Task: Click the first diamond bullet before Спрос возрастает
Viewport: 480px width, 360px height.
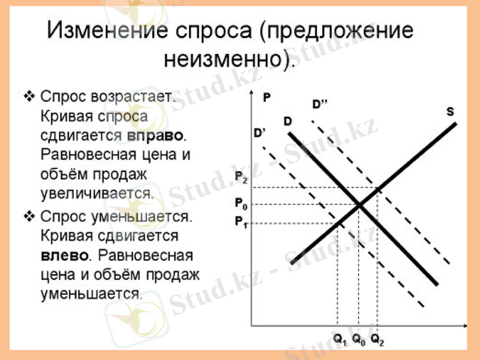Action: coord(29,96)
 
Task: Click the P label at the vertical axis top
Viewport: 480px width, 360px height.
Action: coord(266,96)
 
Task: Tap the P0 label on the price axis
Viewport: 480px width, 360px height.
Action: coord(240,204)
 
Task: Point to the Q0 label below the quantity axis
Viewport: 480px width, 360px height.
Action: coord(359,339)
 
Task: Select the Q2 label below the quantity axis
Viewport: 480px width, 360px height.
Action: coord(377,339)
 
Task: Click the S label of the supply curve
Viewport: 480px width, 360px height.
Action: coord(451,112)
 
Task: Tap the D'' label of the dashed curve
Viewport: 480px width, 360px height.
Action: coord(320,104)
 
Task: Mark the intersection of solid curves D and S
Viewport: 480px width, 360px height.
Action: coord(359,206)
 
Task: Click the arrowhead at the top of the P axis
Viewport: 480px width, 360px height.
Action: coord(252,95)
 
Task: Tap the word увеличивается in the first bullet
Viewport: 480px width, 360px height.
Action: coord(97,194)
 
